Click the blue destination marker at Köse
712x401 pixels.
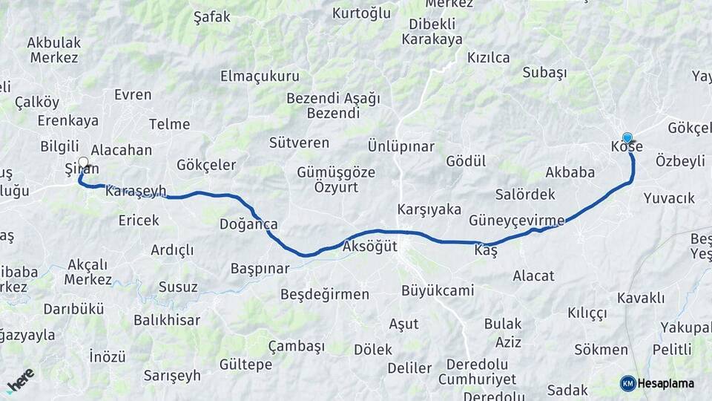click(x=627, y=137)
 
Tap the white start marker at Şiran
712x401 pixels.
click(x=83, y=163)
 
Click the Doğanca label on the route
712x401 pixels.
click(x=248, y=224)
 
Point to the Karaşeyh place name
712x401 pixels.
click(x=136, y=191)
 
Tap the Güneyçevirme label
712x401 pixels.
click(x=516, y=220)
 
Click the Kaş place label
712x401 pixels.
click(x=486, y=251)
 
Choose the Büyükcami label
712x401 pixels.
click(x=437, y=290)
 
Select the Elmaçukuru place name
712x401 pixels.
click(x=260, y=76)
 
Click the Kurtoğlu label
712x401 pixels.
click(x=361, y=13)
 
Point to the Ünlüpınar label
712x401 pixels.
click(x=400, y=146)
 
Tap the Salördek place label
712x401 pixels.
click(x=525, y=195)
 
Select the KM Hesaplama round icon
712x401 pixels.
click(x=628, y=383)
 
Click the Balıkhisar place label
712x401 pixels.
click(x=167, y=320)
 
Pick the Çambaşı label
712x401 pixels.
click(x=297, y=346)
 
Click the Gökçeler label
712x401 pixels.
click(x=206, y=164)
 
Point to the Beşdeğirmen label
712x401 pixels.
click(x=324, y=294)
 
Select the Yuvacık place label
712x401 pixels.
click(x=669, y=198)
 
